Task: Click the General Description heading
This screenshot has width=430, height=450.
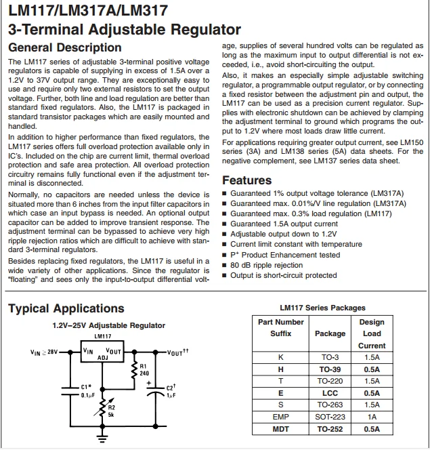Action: (x=64, y=47)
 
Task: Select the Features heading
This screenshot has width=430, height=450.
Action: (x=247, y=180)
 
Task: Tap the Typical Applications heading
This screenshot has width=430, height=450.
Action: (x=66, y=308)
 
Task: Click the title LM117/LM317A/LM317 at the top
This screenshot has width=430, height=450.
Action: (x=88, y=11)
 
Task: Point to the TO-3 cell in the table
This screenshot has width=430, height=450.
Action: (x=330, y=357)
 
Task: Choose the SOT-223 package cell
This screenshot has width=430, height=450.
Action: (x=330, y=417)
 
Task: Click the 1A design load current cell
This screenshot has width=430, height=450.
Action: (x=371, y=417)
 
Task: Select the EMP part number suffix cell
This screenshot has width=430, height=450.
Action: (x=280, y=417)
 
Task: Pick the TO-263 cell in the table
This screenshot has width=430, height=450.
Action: (x=330, y=405)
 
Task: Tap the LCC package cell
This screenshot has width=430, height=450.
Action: (x=330, y=393)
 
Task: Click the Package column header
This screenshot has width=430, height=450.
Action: (x=330, y=333)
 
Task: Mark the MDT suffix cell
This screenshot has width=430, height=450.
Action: (x=280, y=429)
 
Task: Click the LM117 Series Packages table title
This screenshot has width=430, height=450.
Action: (x=322, y=308)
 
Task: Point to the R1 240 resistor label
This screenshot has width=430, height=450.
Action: (x=144, y=369)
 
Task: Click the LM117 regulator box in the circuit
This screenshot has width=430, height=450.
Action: (x=102, y=352)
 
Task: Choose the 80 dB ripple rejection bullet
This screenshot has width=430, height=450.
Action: (x=266, y=265)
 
